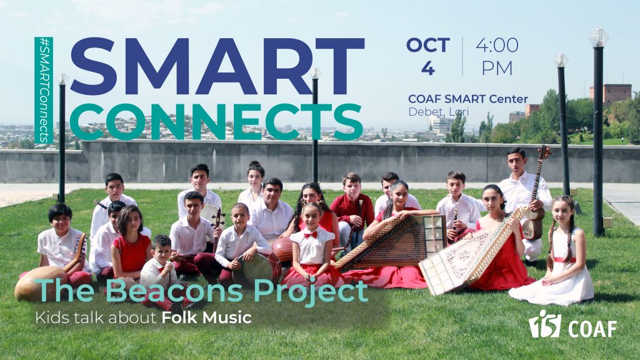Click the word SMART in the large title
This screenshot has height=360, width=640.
point(217,66)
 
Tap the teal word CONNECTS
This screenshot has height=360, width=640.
point(216,121)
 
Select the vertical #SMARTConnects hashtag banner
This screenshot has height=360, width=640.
point(44,90)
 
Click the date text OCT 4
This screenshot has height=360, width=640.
point(427,57)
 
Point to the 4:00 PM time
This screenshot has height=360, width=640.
point(497,57)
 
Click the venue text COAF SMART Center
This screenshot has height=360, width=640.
point(468,99)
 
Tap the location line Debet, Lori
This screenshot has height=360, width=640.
point(439,112)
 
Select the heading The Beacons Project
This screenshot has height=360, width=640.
point(201,291)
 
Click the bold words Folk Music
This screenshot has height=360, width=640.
point(206,317)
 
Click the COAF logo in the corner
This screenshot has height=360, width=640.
point(572,324)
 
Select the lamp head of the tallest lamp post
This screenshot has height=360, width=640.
point(598,37)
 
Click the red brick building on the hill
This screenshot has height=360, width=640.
point(611,93)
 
